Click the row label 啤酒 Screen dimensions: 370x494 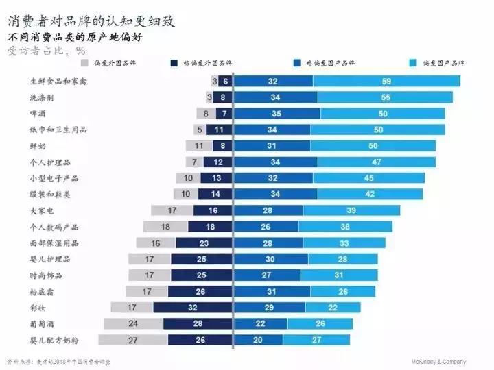[x=37, y=114]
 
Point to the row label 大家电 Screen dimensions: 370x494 [x=41, y=211]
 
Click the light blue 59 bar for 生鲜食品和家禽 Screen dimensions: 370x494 [x=386, y=82]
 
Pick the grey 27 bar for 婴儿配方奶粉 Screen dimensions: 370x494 [x=114, y=340]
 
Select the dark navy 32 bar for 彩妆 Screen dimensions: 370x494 [x=193, y=308]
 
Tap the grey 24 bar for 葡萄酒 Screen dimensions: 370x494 [x=133, y=323]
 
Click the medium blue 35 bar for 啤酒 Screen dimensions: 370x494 [x=276, y=114]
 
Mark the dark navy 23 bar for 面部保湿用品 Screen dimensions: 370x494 [x=204, y=243]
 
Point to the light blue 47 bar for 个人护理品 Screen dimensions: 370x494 [x=377, y=162]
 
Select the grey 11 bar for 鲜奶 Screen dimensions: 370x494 [x=199, y=146]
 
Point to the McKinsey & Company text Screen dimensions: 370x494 [x=438, y=362]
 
